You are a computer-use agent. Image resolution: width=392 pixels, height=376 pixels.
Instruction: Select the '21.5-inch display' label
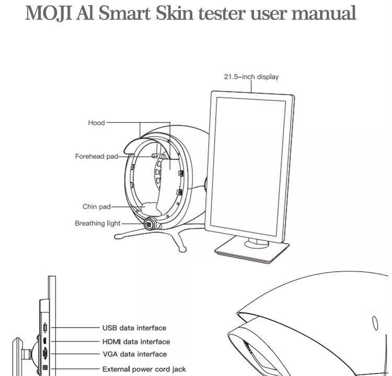[x=251, y=77]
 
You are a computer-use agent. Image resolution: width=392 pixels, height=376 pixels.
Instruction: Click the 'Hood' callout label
[x=96, y=123]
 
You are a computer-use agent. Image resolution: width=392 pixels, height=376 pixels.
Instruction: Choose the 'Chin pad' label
[x=97, y=207]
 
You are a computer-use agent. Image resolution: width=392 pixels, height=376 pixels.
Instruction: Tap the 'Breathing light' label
[x=98, y=224]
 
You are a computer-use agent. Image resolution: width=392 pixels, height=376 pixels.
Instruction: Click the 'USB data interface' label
[x=134, y=328]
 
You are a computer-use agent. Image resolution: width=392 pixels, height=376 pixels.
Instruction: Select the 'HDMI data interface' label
[x=136, y=342]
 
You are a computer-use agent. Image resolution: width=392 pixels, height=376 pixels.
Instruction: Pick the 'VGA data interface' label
[x=134, y=354]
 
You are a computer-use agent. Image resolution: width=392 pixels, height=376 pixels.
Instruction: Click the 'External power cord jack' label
[x=144, y=369]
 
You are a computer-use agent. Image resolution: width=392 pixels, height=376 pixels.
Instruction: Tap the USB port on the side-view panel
[x=45, y=328]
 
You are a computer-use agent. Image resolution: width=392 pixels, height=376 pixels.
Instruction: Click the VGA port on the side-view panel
[x=45, y=355]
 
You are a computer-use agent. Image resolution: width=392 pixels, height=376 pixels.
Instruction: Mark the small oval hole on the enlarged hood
[x=375, y=322]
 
